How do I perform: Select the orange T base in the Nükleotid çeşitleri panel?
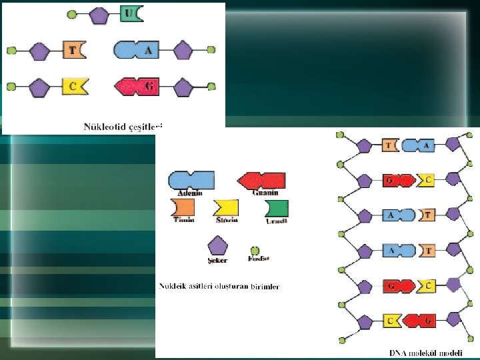74,49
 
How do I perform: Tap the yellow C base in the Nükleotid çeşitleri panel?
74,86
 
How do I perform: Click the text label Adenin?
189,193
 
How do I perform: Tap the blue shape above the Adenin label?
191,179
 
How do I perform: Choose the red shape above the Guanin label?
263,180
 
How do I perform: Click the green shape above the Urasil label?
277,207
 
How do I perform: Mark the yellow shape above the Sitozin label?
226,208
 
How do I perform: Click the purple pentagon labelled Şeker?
217,245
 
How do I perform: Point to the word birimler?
265,287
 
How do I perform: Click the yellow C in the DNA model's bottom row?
391,321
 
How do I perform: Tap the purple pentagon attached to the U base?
98,13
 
